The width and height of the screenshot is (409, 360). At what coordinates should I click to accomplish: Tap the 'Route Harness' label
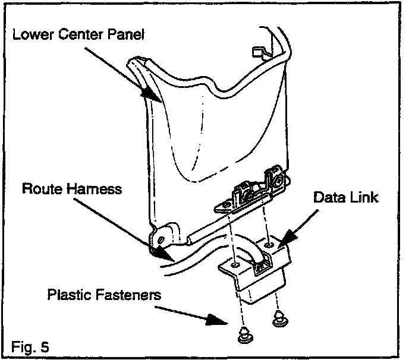tap(71, 190)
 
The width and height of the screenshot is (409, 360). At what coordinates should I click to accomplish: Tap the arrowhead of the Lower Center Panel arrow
tap(147, 94)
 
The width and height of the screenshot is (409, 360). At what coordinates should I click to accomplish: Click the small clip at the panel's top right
tap(257, 52)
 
